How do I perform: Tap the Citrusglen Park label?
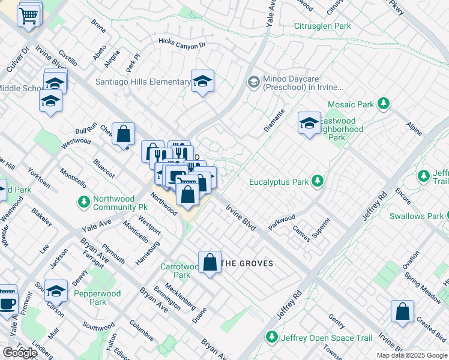pyautogui.click(x=322, y=26)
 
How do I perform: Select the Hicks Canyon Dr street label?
pyautogui.click(x=182, y=44)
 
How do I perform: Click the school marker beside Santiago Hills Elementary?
pyautogui.click(x=203, y=82)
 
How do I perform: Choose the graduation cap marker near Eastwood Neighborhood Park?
pyautogui.click(x=309, y=124)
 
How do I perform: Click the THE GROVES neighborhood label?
pyautogui.click(x=247, y=263)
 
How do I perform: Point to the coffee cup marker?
pyautogui.click(x=7, y=302)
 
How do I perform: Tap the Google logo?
pyautogui.click(x=19, y=353)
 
